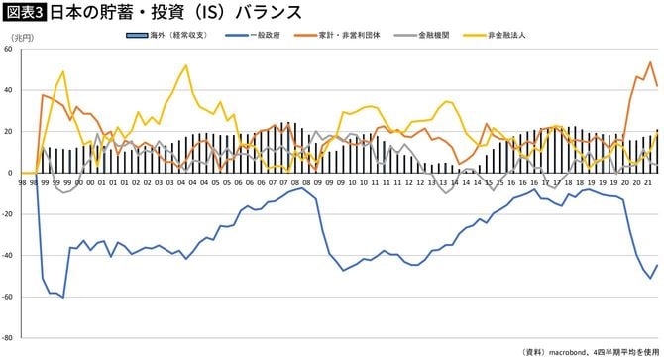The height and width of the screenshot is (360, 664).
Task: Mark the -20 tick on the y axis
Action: [x=8, y=214]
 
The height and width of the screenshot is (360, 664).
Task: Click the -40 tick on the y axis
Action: [x=8, y=255]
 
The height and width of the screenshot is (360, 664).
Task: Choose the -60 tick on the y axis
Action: [x=8, y=297]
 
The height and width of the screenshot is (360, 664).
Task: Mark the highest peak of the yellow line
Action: [x=186, y=66]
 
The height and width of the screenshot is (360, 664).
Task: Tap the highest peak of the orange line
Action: [x=650, y=62]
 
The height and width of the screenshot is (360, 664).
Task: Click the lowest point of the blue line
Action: [x=63, y=297]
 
